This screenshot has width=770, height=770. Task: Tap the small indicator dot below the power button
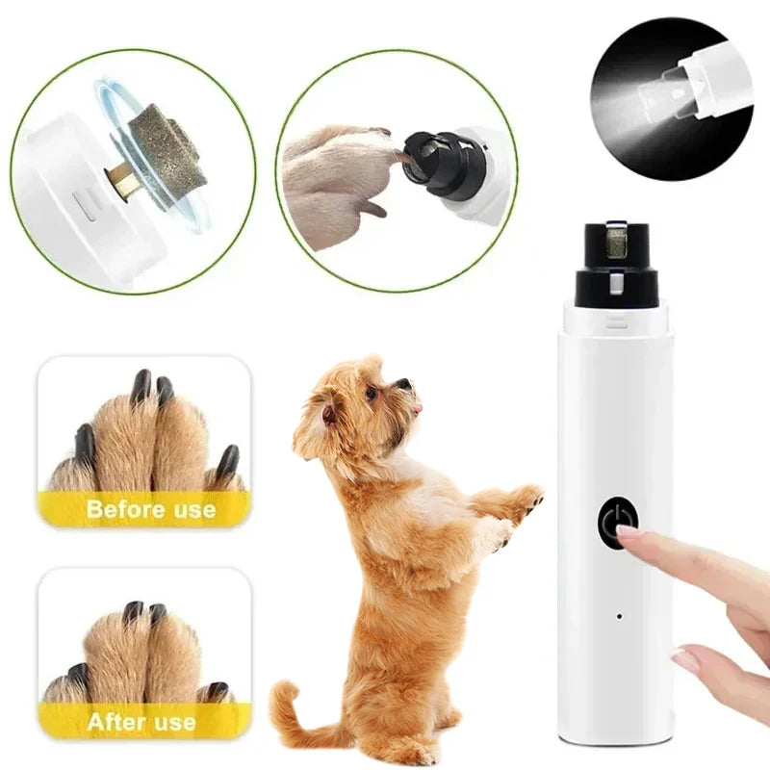coord(617,615)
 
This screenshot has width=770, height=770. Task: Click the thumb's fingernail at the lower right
coord(685,660)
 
